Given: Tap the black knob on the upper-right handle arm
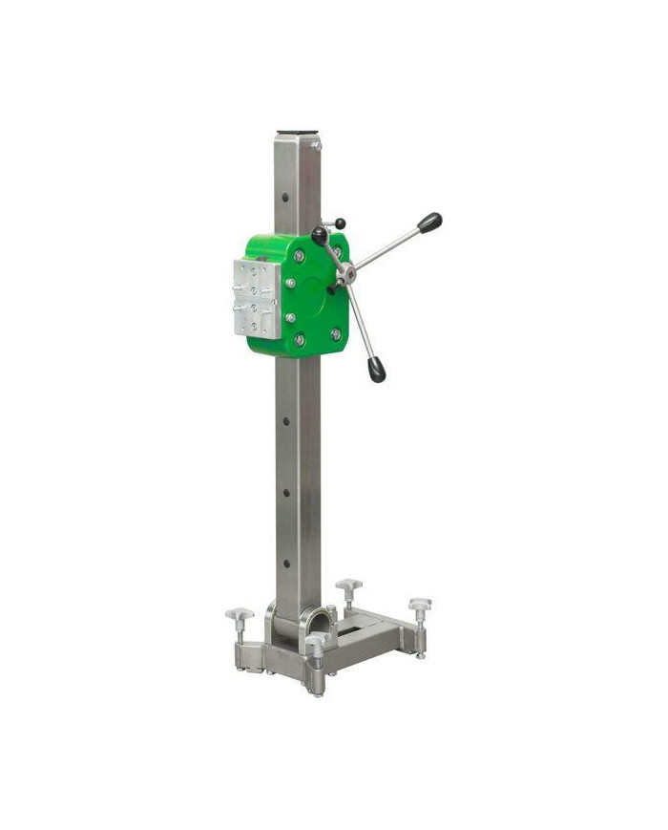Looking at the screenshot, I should (x=428, y=223).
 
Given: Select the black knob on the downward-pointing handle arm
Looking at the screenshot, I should (x=377, y=371).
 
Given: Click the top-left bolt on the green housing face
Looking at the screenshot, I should (x=300, y=255).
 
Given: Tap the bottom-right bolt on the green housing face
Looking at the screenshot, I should (x=335, y=333).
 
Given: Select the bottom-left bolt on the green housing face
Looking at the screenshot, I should (x=300, y=339).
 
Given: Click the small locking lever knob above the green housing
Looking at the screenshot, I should (x=339, y=223).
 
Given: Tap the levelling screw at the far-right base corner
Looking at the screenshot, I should (x=420, y=606).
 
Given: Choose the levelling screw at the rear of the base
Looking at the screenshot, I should (x=349, y=585).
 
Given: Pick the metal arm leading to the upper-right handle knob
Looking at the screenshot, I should (x=386, y=247).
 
